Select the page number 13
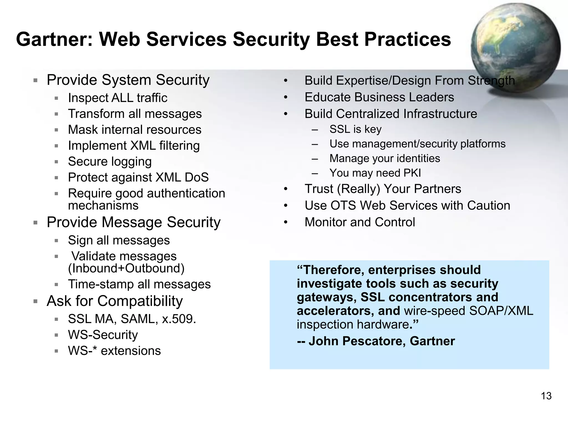pyautogui.click(x=546, y=396)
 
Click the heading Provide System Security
pyautogui.click(x=128, y=80)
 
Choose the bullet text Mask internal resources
pyautogui.click(x=135, y=130)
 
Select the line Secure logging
pyautogui.click(x=110, y=162)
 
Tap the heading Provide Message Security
pyautogui.click(x=133, y=222)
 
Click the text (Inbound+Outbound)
pyautogui.click(x=126, y=268)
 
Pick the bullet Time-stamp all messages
pyautogui.click(x=139, y=285)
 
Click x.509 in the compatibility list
pyautogui.click(x=179, y=319)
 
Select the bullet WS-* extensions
pyautogui.click(x=114, y=351)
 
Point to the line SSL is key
pyautogui.click(x=355, y=129)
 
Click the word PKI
pyautogui.click(x=412, y=173)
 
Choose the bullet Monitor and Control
pyautogui.click(x=360, y=222)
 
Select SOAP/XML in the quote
pyautogui.click(x=501, y=311)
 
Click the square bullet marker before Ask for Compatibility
pyautogui.click(x=35, y=301)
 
